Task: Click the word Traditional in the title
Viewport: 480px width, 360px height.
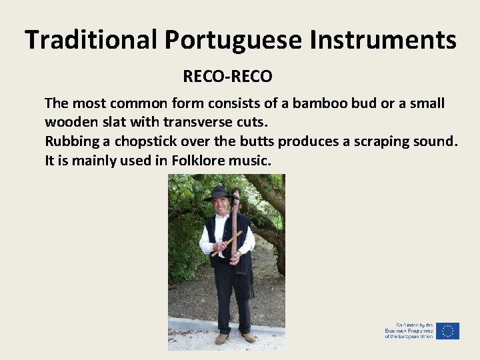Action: [92, 40]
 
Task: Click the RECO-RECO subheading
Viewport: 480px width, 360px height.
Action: [227, 77]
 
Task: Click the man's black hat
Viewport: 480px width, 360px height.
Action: [218, 193]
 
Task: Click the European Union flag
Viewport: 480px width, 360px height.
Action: [447, 331]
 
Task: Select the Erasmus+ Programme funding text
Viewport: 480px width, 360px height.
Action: [408, 331]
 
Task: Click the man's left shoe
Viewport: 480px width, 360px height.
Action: [247, 337]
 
